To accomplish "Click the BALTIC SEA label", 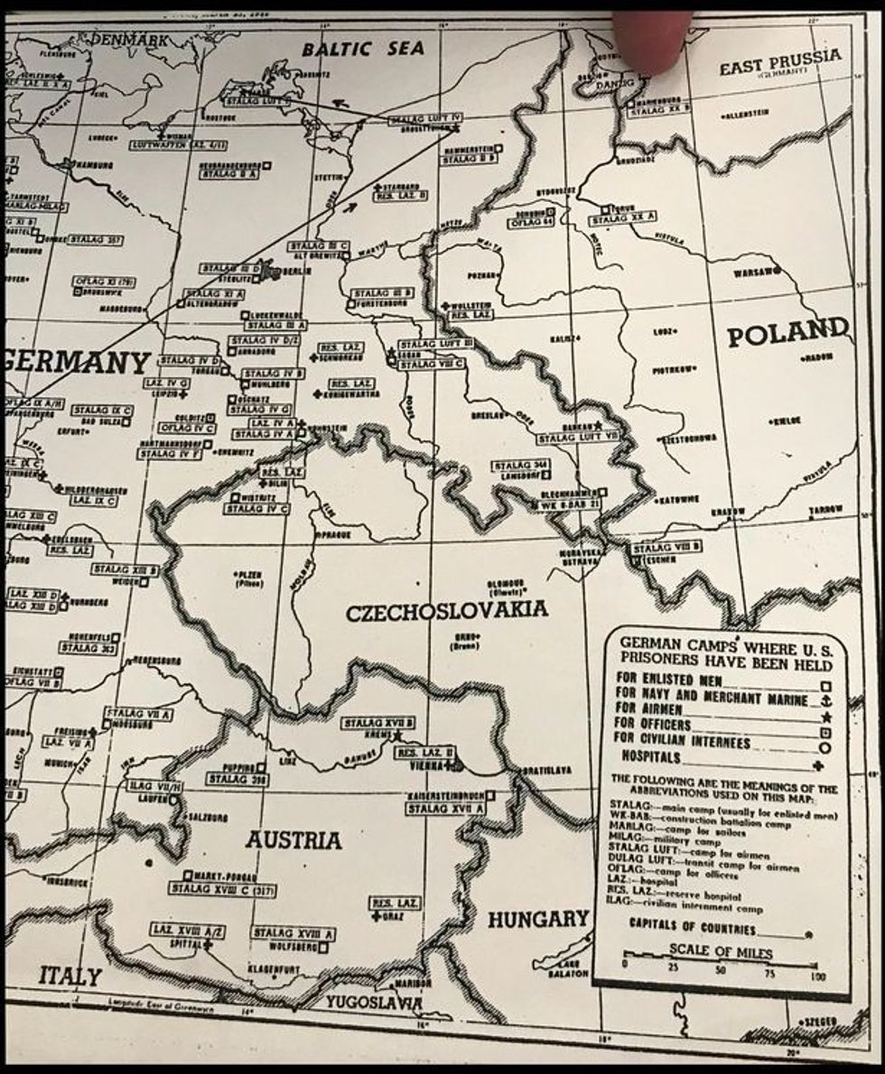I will [363, 49].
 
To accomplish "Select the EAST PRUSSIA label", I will [779, 63].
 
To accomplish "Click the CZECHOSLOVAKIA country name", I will [446, 611].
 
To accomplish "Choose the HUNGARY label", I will [538, 920].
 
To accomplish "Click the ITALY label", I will [70, 976].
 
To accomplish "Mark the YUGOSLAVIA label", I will [373, 1002].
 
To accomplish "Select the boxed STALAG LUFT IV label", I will [425, 119].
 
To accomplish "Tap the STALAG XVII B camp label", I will [378, 722].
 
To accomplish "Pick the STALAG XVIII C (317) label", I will [222, 889].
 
